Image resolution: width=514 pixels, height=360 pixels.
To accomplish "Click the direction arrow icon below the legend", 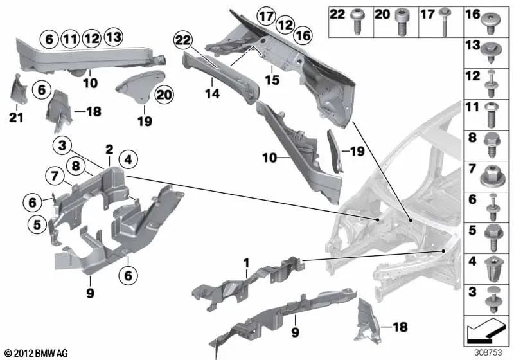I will (486, 333).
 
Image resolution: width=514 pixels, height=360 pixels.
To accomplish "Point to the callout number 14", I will (213, 94).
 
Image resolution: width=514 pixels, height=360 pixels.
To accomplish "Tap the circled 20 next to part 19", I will (164, 94).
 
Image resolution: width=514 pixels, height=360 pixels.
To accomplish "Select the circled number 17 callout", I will (265, 14).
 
